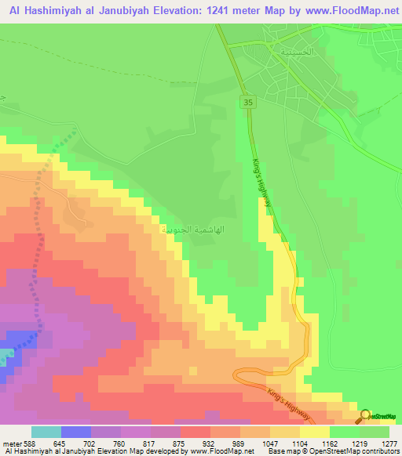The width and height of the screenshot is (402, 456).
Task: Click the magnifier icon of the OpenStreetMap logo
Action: pos(365,415)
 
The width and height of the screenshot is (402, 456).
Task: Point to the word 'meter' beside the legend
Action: pos(12,443)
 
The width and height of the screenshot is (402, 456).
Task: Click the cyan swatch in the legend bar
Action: pos(46,432)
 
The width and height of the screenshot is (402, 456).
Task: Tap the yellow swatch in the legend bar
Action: pos(315,432)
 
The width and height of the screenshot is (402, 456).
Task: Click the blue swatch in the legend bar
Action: pos(76,432)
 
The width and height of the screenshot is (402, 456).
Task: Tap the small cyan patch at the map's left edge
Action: pos(6,357)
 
